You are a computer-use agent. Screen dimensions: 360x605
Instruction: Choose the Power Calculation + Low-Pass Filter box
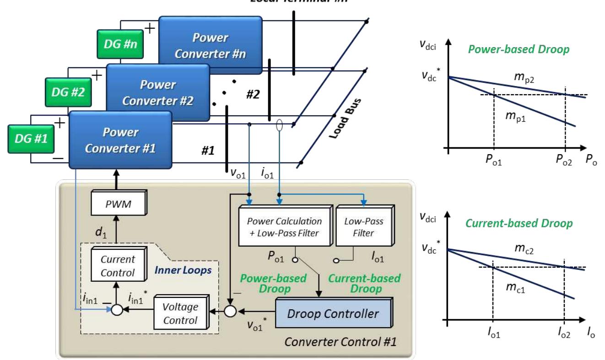[284, 226]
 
